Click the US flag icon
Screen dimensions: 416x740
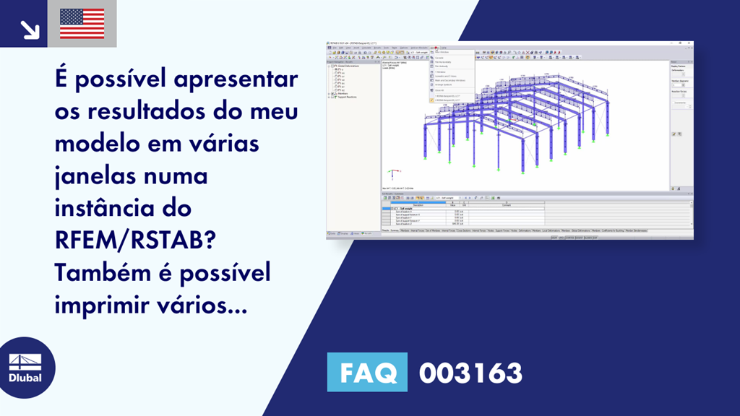pos(82,23)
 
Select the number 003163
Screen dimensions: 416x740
pos(470,373)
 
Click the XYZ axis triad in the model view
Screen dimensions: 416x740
pos(391,173)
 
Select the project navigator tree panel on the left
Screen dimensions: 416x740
pos(353,144)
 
